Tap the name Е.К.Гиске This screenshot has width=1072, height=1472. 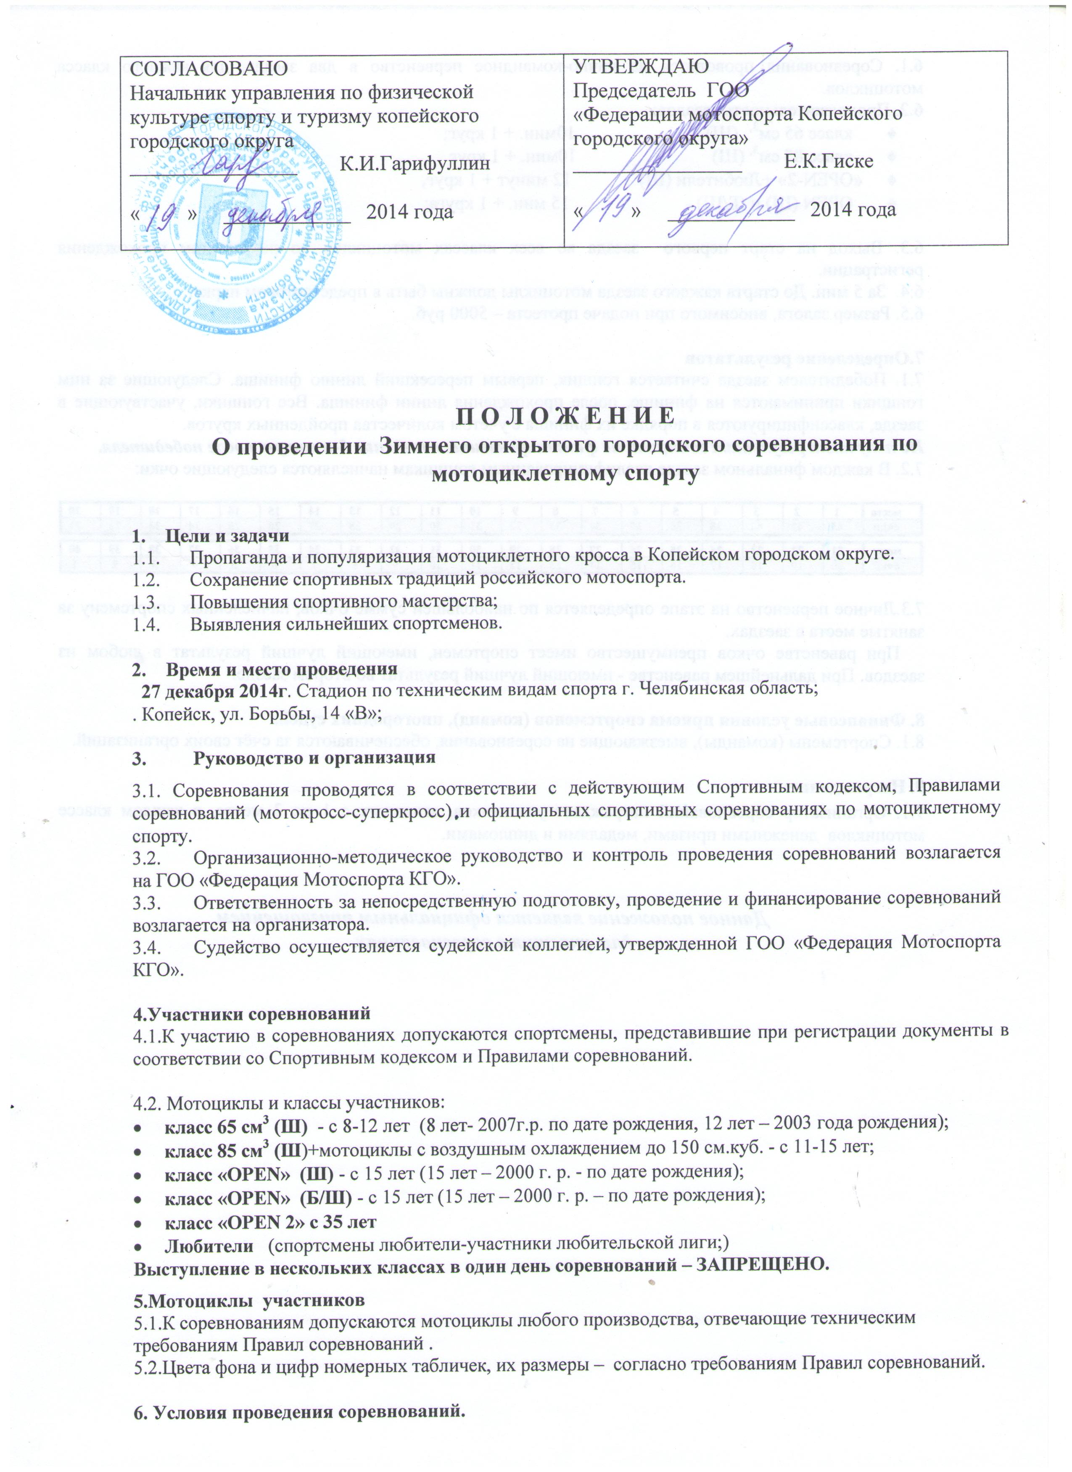[x=829, y=161]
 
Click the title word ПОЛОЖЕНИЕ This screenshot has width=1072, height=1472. [x=560, y=413]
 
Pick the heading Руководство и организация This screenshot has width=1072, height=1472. [x=314, y=758]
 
